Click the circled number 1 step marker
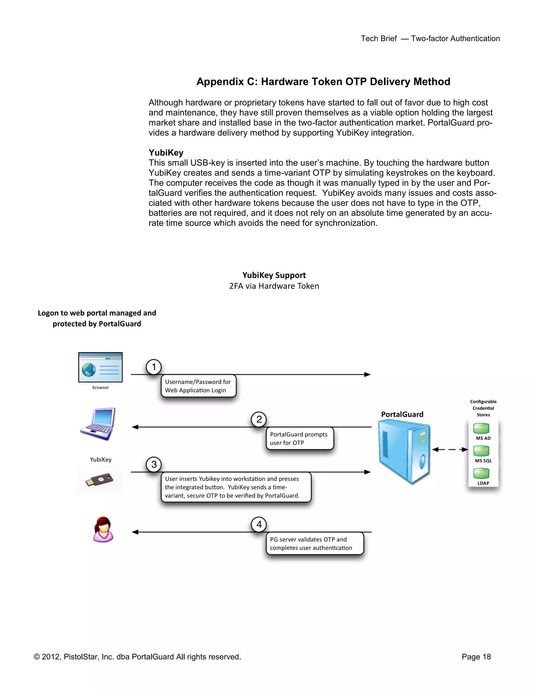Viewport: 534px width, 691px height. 154,367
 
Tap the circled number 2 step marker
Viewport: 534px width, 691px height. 259,420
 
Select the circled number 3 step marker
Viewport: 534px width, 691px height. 154,464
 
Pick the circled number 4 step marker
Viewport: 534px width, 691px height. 259,525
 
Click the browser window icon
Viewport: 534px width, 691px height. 100,367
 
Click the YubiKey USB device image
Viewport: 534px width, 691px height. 99,480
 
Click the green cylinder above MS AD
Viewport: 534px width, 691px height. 481,428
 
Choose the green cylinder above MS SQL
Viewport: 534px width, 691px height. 481,451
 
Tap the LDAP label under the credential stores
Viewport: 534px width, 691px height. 483,483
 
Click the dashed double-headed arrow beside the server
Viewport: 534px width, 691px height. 450,449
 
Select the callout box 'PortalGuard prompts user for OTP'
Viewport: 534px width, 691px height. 300,439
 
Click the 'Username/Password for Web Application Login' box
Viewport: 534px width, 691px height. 198,386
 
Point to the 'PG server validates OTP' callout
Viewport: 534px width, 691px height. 314,544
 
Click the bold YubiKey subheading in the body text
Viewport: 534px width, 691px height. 166,153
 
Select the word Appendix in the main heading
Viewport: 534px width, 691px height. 220,82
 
